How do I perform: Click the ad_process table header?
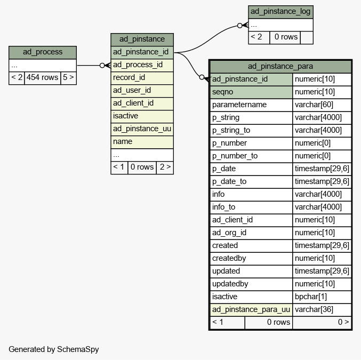43,52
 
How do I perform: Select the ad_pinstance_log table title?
280,12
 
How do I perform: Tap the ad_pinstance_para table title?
280,67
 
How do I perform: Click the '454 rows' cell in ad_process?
42,78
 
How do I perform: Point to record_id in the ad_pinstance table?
142,78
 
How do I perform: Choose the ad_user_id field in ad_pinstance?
142,91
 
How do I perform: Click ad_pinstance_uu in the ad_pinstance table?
142,129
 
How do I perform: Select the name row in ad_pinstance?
142,142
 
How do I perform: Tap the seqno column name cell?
251,92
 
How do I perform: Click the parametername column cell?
251,105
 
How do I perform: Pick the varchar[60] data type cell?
322,105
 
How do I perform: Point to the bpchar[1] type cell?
322,297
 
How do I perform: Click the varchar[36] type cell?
322,309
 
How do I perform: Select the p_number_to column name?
251,156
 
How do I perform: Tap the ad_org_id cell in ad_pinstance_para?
251,233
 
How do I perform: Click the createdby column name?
251,259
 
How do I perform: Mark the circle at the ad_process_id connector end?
102,66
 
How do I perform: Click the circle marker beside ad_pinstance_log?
239,26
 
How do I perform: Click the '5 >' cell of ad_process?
68,78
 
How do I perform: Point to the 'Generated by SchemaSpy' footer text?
54,349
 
